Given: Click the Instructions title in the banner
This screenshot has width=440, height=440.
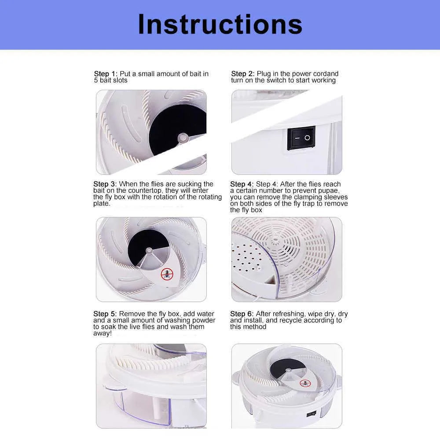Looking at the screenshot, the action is click(x=220, y=24).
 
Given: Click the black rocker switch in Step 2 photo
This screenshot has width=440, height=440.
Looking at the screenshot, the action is click(x=301, y=138).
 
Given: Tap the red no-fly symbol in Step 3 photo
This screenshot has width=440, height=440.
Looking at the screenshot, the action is click(x=167, y=274).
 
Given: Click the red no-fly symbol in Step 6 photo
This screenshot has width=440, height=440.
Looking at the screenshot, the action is click(x=305, y=383).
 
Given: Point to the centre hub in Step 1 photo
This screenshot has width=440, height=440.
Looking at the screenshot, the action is click(x=183, y=137).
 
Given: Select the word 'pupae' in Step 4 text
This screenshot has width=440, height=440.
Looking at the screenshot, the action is click(x=329, y=191).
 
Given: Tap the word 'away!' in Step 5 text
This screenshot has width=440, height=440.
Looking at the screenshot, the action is click(x=103, y=334).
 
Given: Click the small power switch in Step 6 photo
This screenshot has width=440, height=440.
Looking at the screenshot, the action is click(x=311, y=413).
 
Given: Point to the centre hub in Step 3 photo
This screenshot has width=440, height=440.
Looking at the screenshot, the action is click(x=149, y=251).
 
